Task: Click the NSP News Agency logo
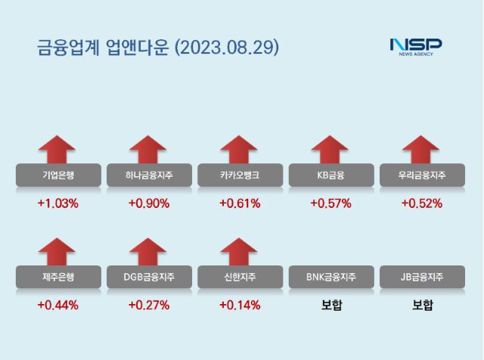[415, 47]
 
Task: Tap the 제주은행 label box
[58, 278]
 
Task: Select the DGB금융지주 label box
[149, 278]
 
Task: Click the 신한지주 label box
[240, 278]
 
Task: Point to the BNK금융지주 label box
[330, 278]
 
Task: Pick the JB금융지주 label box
[421, 278]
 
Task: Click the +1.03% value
[58, 203]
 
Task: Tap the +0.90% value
[149, 203]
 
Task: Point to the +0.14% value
[240, 306]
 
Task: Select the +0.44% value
[58, 306]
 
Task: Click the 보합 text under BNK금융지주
[330, 306]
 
